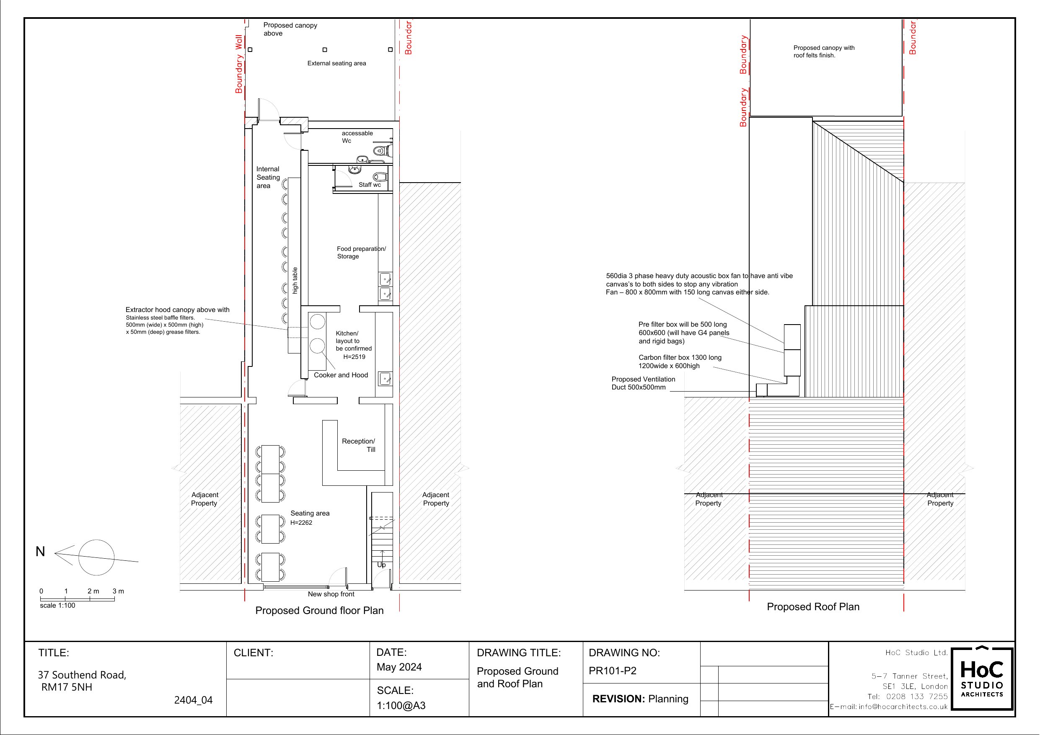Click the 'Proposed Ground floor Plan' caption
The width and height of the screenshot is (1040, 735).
click(319, 611)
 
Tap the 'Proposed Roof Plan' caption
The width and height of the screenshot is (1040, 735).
click(813, 607)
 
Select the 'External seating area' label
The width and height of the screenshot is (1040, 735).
click(336, 63)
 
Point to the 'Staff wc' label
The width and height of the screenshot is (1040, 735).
click(370, 185)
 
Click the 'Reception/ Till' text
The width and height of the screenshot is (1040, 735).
click(358, 445)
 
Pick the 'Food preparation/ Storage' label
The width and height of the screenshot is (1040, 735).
click(362, 253)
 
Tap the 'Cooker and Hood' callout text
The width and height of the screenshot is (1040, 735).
click(341, 375)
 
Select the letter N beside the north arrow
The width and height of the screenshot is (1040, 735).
click(40, 552)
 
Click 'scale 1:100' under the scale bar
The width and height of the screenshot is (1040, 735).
click(57, 606)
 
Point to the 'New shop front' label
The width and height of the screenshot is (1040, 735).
click(331, 594)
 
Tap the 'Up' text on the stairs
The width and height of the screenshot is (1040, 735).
click(381, 565)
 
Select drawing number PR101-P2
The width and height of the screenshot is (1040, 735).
click(613, 671)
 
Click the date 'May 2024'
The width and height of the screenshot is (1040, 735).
click(399, 667)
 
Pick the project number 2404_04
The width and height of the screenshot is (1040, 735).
click(194, 700)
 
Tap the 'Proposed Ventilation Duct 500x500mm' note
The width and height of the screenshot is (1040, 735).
click(643, 383)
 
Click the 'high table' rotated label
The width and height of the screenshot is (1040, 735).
click(295, 280)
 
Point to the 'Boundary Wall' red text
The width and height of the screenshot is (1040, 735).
click(239, 64)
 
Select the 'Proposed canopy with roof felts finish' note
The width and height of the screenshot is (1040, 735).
click(824, 52)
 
